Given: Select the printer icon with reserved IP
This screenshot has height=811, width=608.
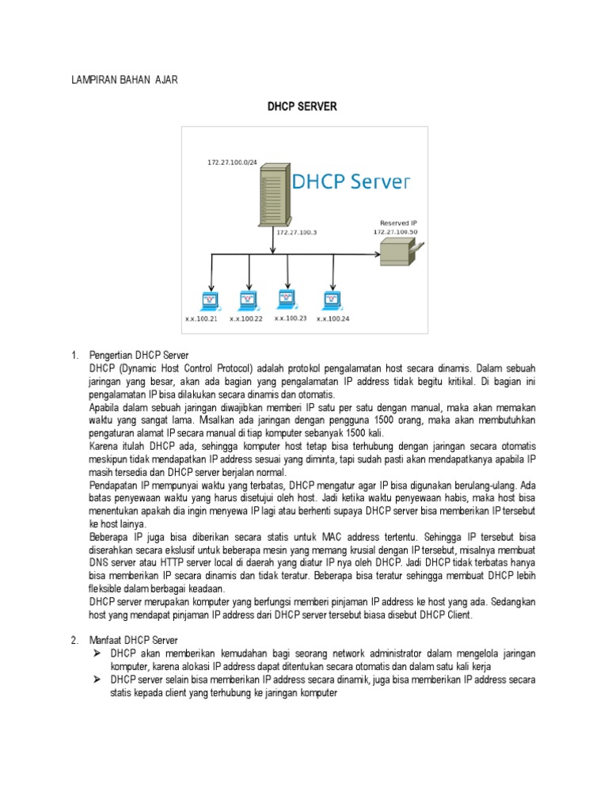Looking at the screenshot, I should pyautogui.click(x=399, y=252).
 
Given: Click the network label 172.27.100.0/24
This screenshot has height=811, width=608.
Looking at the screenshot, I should pyautogui.click(x=233, y=162).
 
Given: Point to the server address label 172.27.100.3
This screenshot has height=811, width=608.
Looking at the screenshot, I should pyautogui.click(x=297, y=233).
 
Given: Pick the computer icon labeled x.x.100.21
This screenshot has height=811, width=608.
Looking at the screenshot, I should pyautogui.click(x=209, y=300).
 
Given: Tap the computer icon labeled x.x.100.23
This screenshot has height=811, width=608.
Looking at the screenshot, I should pyautogui.click(x=287, y=299).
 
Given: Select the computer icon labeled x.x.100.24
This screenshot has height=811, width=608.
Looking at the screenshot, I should pyautogui.click(x=331, y=300).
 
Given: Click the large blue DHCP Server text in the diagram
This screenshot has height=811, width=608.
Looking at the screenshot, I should pyautogui.click(x=351, y=184).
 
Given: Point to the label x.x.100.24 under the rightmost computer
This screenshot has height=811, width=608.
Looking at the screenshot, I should pyautogui.click(x=333, y=320).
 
